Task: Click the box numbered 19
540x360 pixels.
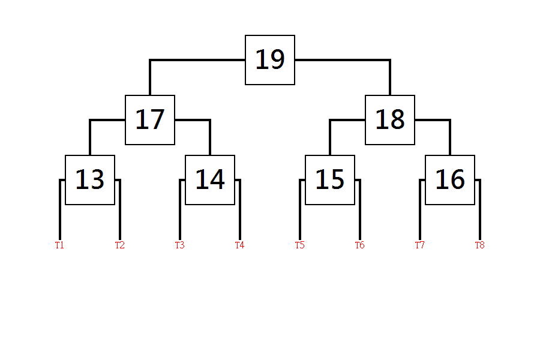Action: [x=270, y=60]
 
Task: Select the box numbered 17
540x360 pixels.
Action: [x=150, y=120]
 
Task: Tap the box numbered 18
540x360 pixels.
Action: [x=390, y=120]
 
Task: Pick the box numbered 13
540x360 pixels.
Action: [x=90, y=180]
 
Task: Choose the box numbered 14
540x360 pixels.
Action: [x=210, y=180]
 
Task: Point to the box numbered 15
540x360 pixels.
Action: [x=330, y=180]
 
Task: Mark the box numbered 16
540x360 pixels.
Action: [x=450, y=180]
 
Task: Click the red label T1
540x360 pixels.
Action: [x=59, y=245]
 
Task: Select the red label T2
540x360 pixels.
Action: [x=119, y=245]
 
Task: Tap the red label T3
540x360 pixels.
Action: [x=180, y=245]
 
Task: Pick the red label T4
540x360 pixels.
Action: [x=239, y=245]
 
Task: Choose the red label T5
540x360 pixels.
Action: [x=299, y=245]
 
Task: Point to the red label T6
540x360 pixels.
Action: [x=359, y=245]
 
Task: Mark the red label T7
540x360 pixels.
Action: [x=420, y=245]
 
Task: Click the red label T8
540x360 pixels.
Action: [x=480, y=245]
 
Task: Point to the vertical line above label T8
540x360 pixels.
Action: [x=480, y=209]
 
